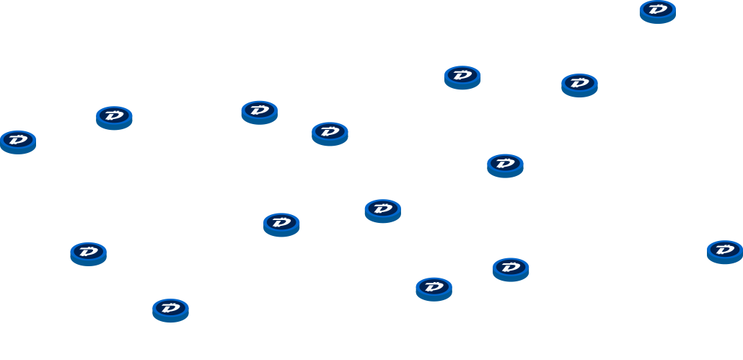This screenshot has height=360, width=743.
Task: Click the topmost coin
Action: point(657,11)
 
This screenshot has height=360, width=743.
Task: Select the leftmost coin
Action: point(18,141)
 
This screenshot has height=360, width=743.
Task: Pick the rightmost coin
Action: point(724,251)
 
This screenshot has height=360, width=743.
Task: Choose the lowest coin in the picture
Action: point(170,309)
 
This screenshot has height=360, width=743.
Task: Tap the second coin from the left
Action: point(88,253)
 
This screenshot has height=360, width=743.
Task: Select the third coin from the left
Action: point(114,117)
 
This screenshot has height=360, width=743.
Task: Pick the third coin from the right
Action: point(579,84)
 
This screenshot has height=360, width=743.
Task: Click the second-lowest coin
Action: point(434,289)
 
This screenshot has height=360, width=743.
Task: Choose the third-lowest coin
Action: point(511,269)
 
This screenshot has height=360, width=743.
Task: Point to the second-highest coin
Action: point(462,76)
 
